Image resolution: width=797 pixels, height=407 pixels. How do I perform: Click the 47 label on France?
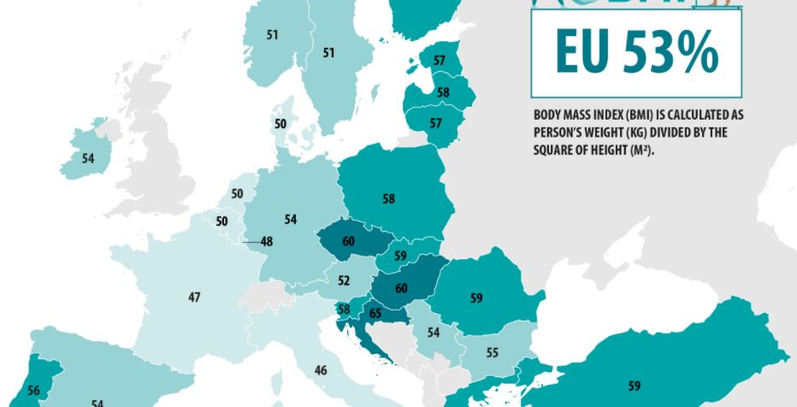click(194, 297)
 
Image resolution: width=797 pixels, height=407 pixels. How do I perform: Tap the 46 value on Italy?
click(321, 370)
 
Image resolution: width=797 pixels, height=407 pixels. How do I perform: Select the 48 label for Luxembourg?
click(267, 242)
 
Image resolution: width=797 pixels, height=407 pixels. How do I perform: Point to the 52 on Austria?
click(344, 280)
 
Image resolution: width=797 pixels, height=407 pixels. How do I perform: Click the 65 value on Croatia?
click(375, 314)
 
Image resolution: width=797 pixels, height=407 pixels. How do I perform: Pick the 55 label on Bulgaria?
click(492, 352)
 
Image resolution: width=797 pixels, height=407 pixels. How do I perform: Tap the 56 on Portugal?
click(33, 390)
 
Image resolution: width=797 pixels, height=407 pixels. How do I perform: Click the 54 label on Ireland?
click(88, 158)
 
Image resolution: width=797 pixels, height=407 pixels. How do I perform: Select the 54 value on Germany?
click(291, 221)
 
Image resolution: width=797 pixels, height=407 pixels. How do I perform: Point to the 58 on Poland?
click(389, 198)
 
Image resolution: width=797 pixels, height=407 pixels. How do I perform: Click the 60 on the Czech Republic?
click(348, 242)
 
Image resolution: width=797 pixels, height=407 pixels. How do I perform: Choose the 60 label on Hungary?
click(401, 288)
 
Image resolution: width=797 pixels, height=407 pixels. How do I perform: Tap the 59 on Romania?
click(476, 298)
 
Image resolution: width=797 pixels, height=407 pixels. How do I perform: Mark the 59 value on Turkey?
click(634, 385)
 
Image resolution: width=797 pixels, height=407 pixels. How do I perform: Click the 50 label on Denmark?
click(280, 124)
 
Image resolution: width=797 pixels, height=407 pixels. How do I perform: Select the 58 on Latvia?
click(442, 92)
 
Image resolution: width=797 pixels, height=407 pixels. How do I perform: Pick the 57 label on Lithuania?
click(436, 123)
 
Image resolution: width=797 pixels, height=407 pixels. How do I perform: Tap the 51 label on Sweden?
click(328, 52)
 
